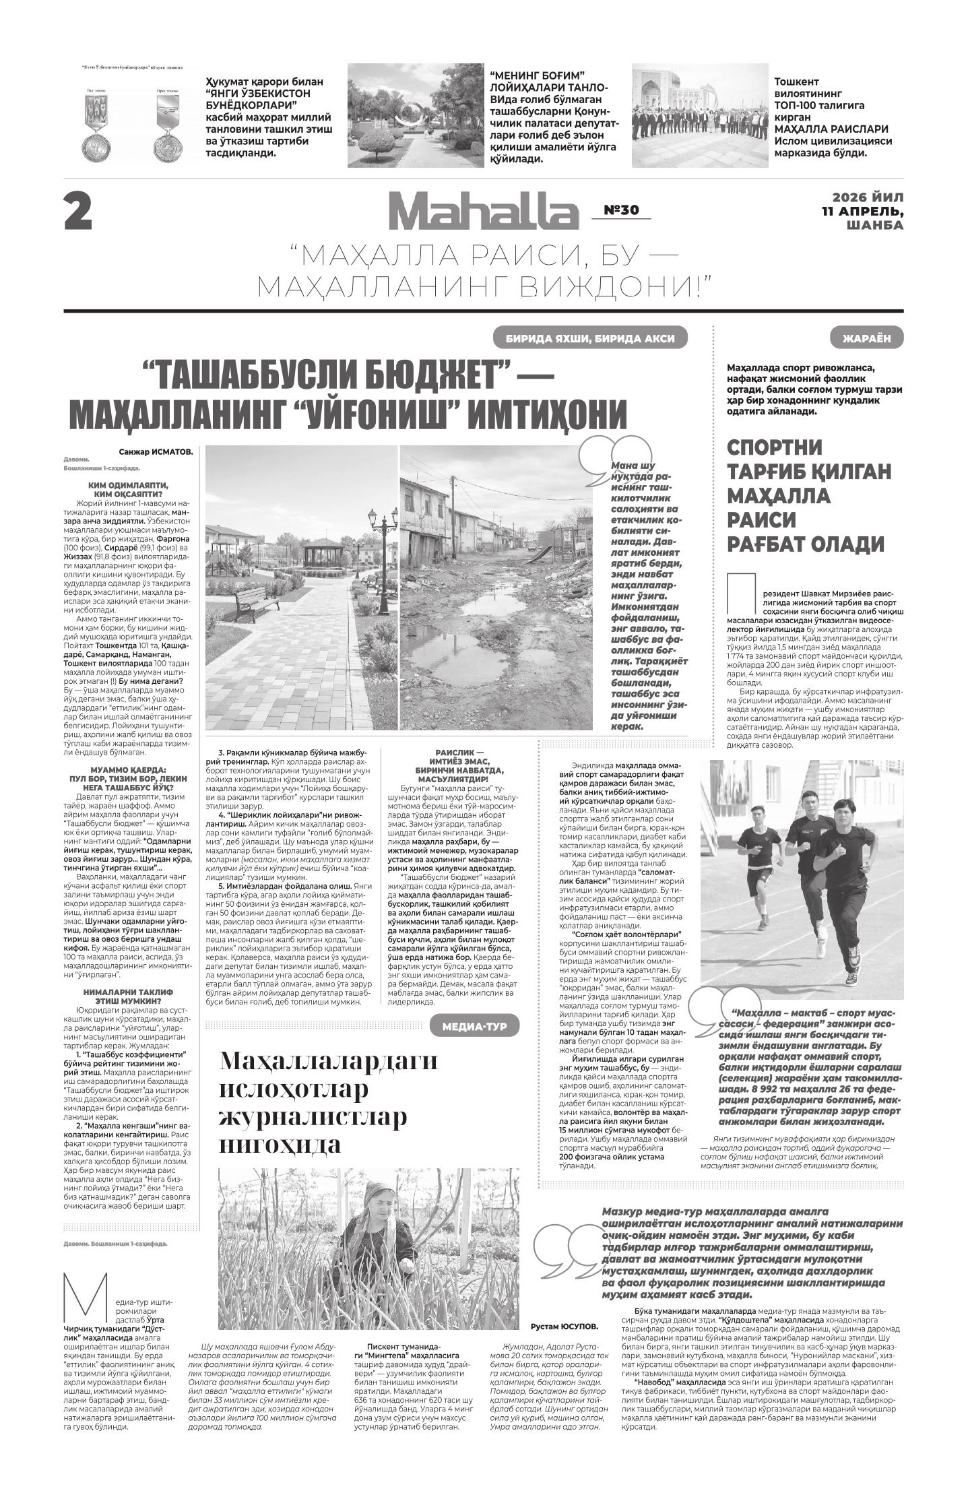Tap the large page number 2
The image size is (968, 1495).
pos(78,212)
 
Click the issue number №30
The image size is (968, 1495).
pos(620,210)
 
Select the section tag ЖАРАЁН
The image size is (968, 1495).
pos(866,338)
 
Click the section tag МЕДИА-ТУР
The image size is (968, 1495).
pos(475,1027)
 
